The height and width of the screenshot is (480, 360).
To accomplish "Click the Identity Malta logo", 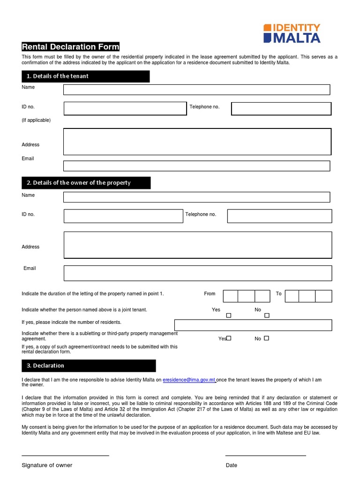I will pyautogui.click(x=292, y=33).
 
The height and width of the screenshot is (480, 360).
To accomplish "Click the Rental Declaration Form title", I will pyautogui.click(x=70, y=46).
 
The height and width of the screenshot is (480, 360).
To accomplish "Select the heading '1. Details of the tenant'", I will pyautogui.click(x=85, y=76).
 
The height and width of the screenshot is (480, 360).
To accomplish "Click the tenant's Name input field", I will pyautogui.click(x=196, y=90).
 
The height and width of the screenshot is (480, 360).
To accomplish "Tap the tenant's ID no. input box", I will pyautogui.click(x=125, y=109).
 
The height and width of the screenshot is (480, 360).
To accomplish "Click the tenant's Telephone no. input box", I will pyautogui.click(x=281, y=109).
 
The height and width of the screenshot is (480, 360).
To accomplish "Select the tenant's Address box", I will pyautogui.click(x=197, y=142).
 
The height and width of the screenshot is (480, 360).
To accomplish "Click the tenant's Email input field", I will pyautogui.click(x=196, y=166).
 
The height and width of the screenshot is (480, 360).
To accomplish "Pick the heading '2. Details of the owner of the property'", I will pyautogui.click(x=86, y=183).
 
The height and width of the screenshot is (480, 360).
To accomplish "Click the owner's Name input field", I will pyautogui.click(x=196, y=197).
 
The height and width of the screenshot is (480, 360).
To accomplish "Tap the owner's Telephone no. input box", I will pyautogui.click(x=279, y=216).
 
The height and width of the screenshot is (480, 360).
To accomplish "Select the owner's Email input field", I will pyautogui.click(x=197, y=273).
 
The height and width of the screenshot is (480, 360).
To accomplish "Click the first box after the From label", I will pyautogui.click(x=231, y=296).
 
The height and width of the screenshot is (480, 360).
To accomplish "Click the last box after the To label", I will pyautogui.click(x=323, y=296).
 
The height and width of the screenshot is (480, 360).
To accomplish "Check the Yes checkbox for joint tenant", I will pyautogui.click(x=229, y=315).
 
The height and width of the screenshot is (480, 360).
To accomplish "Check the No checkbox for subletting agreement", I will pyautogui.click(x=267, y=338).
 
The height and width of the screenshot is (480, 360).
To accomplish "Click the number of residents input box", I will pyautogui.click(x=253, y=325).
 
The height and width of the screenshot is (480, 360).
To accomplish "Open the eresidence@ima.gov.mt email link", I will pyautogui.click(x=189, y=380).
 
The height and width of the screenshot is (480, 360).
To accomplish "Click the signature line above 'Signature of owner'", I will pyautogui.click(x=65, y=455).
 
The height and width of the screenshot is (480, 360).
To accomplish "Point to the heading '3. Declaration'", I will pyautogui.click(x=89, y=366).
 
